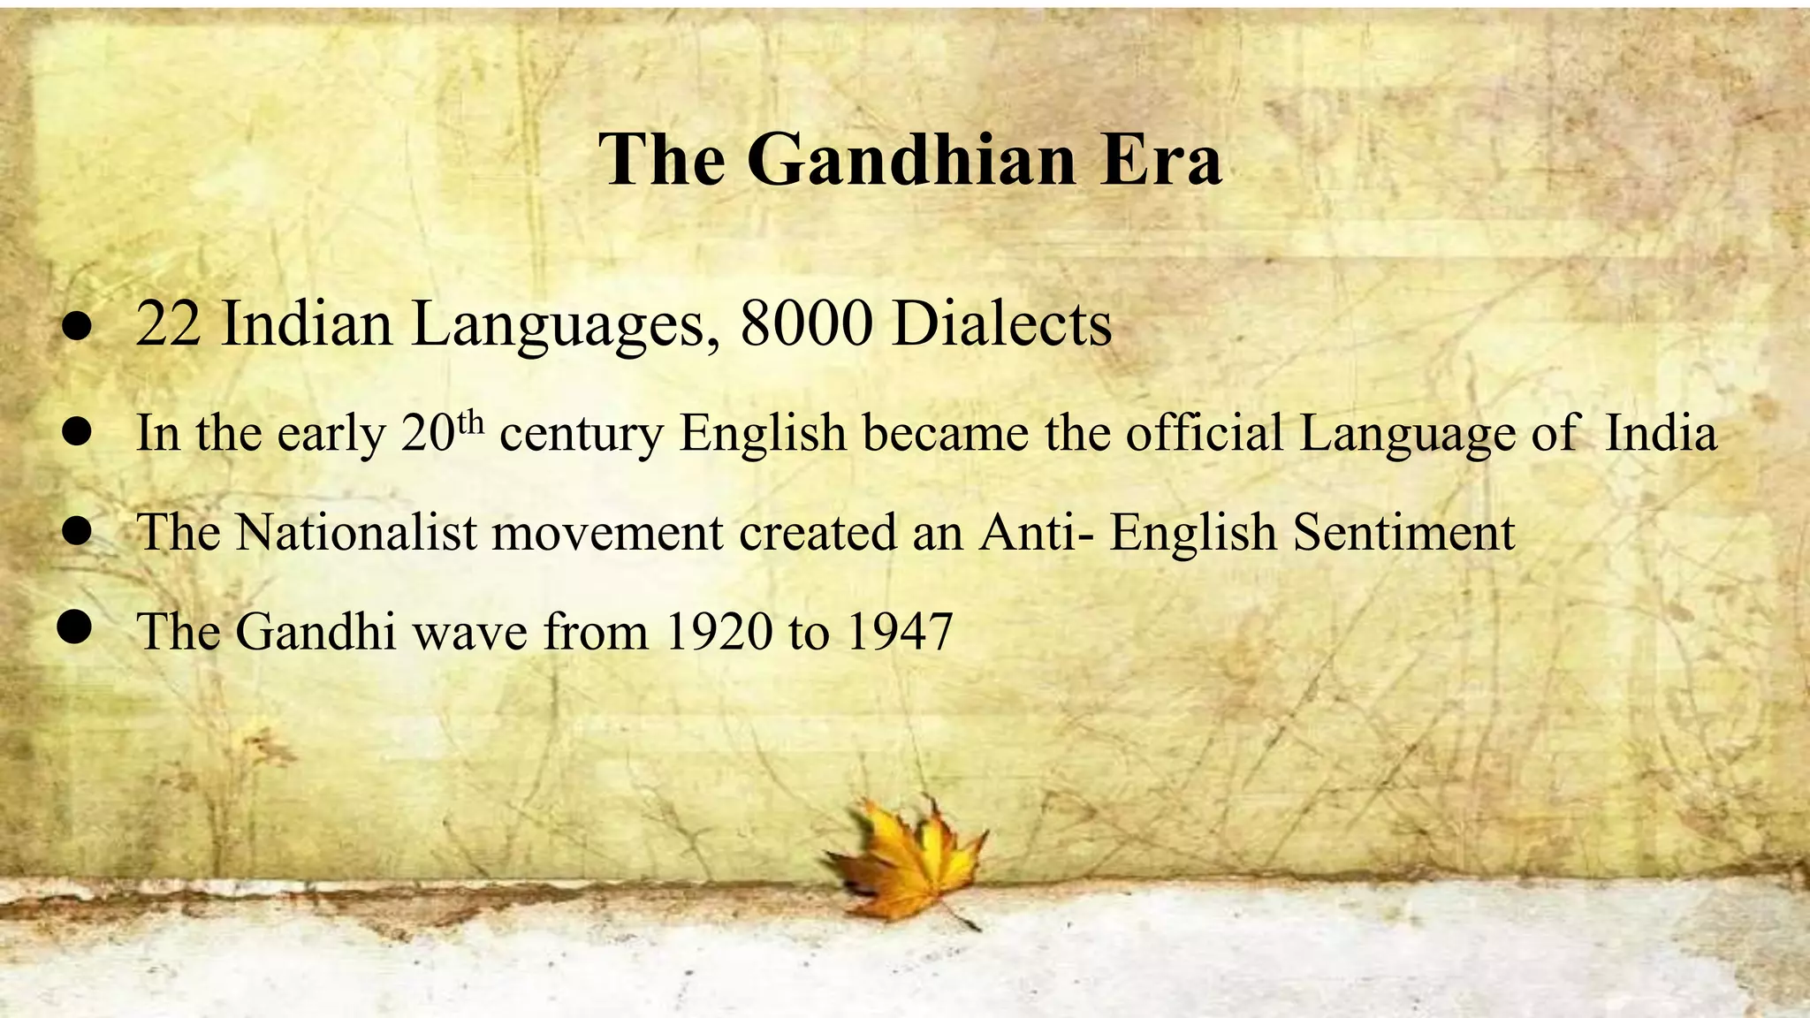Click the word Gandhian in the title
coord(911,160)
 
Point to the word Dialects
coord(1001,324)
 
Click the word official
coord(1204,433)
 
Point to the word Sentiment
coord(1403,533)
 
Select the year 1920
coord(717,632)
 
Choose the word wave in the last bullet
coord(469,632)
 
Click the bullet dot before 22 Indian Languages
coord(77,327)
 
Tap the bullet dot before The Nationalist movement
coord(78,531)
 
